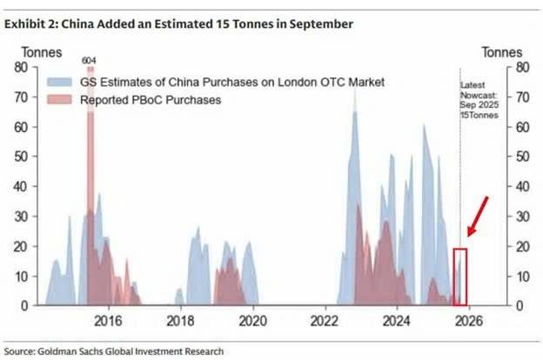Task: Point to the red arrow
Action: [x=478, y=215]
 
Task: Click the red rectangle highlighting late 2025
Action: [x=460, y=277]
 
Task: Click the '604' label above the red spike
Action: [x=89, y=60]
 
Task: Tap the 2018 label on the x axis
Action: [x=180, y=319]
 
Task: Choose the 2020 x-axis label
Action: [x=252, y=319]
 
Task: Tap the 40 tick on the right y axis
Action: [x=521, y=187]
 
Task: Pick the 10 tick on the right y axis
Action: [x=521, y=277]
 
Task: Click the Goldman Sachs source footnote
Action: [x=113, y=351]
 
